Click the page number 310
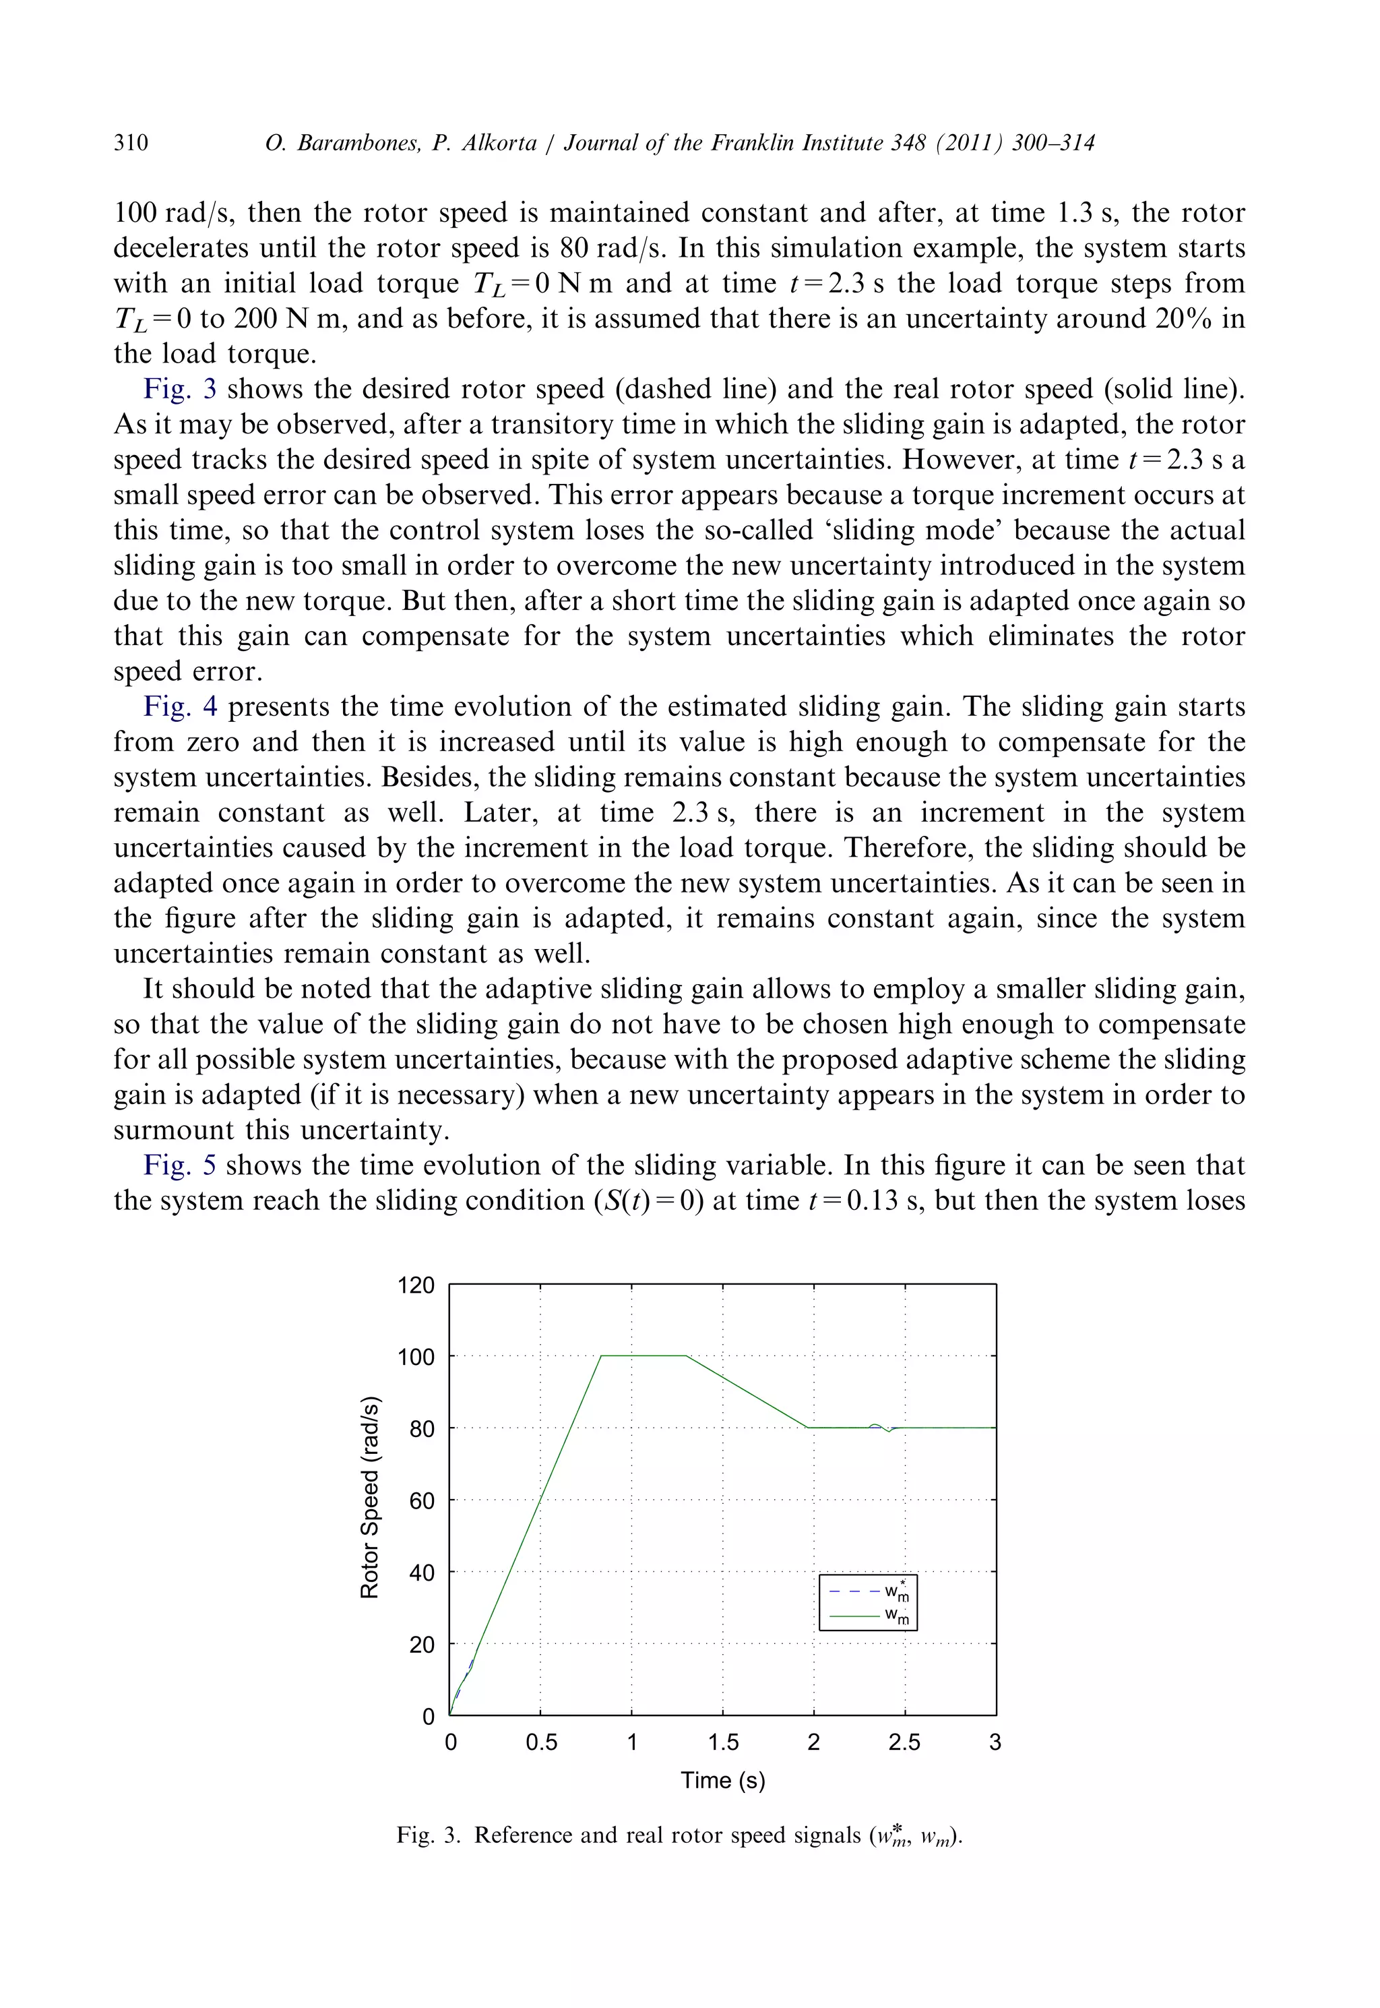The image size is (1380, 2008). [x=131, y=143]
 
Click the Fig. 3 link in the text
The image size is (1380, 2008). [x=179, y=389]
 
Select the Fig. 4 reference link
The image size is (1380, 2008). [x=180, y=706]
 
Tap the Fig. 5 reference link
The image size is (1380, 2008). [x=179, y=1165]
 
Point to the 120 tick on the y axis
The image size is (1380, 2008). [x=416, y=1285]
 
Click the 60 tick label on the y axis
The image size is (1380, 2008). [x=422, y=1500]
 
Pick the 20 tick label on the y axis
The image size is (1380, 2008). [x=422, y=1644]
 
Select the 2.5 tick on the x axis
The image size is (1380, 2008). [x=904, y=1742]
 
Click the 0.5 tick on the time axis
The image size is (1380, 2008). [x=541, y=1742]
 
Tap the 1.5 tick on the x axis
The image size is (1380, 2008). [x=723, y=1742]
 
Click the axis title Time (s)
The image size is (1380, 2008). [x=723, y=1779]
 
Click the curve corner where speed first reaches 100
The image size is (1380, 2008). [x=602, y=1356]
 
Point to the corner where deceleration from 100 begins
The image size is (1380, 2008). [x=687, y=1356]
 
